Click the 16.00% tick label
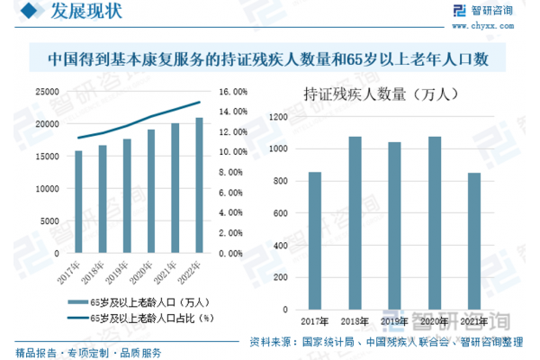233,91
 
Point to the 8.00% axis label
232,173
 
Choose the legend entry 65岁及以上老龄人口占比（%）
144,318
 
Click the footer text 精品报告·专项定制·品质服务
88,350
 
